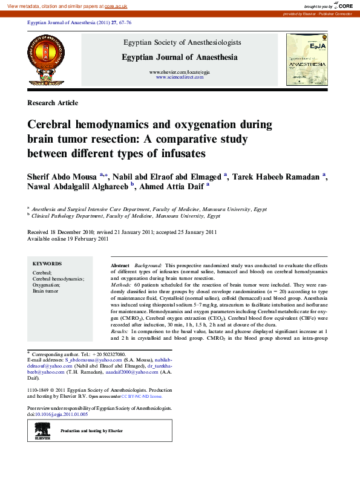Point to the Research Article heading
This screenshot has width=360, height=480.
click(53, 103)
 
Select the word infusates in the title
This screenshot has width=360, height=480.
click(180, 154)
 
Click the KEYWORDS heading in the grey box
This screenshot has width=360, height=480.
click(47, 264)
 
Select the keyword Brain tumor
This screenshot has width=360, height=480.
click(45, 291)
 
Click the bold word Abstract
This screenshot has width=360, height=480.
click(120, 266)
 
